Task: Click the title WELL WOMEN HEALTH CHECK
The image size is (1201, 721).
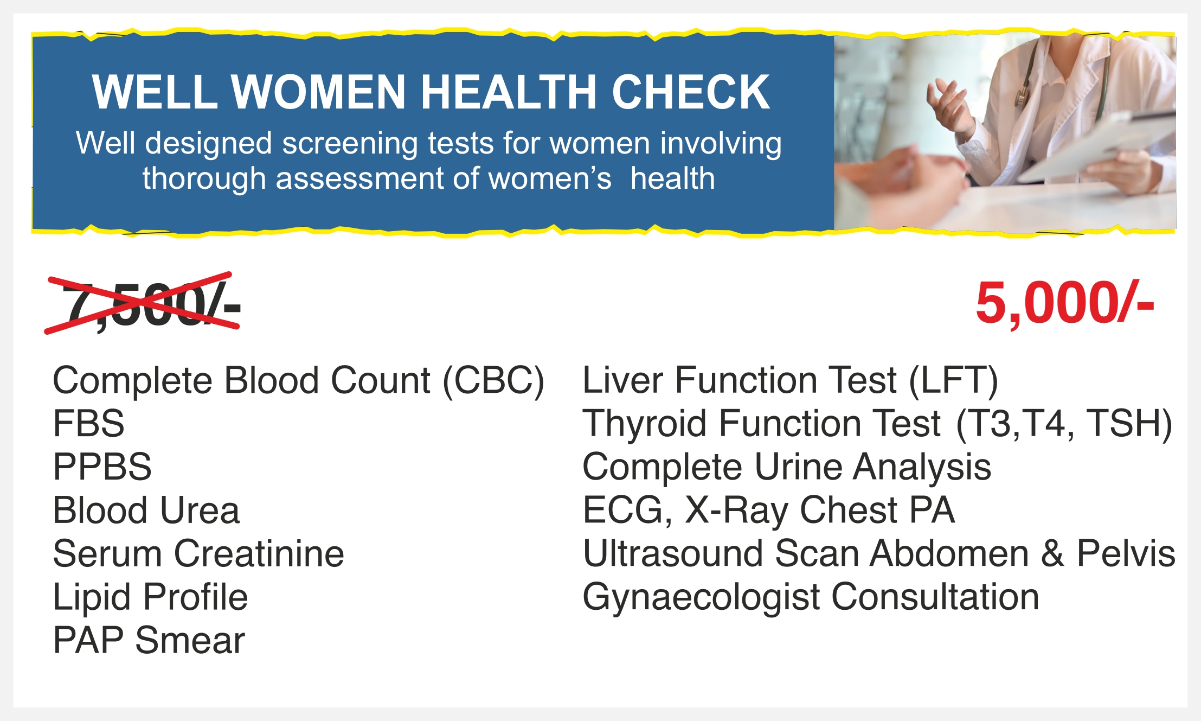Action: coord(431,92)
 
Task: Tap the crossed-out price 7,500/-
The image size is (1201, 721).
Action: coord(142,303)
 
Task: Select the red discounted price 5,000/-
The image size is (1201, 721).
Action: coord(1064,303)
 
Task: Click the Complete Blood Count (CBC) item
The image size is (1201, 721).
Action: coord(298,381)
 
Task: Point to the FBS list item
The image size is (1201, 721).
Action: coord(88,423)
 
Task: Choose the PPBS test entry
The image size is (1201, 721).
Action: coord(102,467)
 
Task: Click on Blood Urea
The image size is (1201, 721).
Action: coord(146,510)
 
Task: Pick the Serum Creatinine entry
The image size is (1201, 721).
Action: coord(198,553)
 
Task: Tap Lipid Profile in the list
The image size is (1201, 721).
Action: coord(150,597)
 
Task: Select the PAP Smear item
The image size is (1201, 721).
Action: coord(149,640)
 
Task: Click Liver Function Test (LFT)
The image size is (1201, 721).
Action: coord(790,380)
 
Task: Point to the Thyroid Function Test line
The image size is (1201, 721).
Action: coord(877,424)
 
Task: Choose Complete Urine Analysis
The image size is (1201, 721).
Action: coord(787,468)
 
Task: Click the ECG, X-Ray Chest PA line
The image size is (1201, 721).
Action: coord(768,511)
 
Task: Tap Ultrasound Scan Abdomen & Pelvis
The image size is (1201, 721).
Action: coord(879,553)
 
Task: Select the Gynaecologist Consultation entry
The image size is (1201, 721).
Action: coord(811,598)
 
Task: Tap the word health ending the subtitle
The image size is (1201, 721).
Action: coord(672,178)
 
